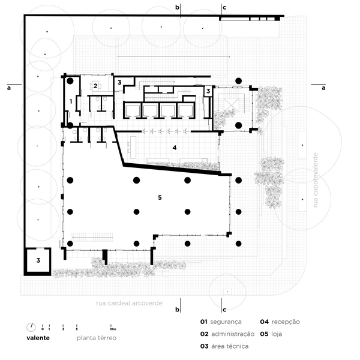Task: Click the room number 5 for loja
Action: coord(160,197)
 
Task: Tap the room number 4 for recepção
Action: coord(175,148)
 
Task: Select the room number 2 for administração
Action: coord(95,86)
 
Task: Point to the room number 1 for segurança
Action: coord(71,101)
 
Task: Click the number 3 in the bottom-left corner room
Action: coord(38,260)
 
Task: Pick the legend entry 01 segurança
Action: coord(221,322)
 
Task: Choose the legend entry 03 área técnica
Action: coord(224,346)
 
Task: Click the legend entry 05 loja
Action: coord(271,334)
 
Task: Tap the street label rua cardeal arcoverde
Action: coord(129,303)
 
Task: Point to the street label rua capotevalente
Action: coord(316,180)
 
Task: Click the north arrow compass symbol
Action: coord(31,328)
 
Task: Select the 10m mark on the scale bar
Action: coord(112,329)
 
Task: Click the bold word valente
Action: coord(38,338)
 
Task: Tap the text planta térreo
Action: coord(97,338)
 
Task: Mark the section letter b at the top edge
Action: coord(177,7)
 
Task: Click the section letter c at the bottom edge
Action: coord(224,310)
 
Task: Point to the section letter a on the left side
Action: coord(9,88)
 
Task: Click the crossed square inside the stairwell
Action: coord(231,104)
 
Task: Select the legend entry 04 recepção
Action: coord(280,322)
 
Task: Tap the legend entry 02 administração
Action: coord(227,334)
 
